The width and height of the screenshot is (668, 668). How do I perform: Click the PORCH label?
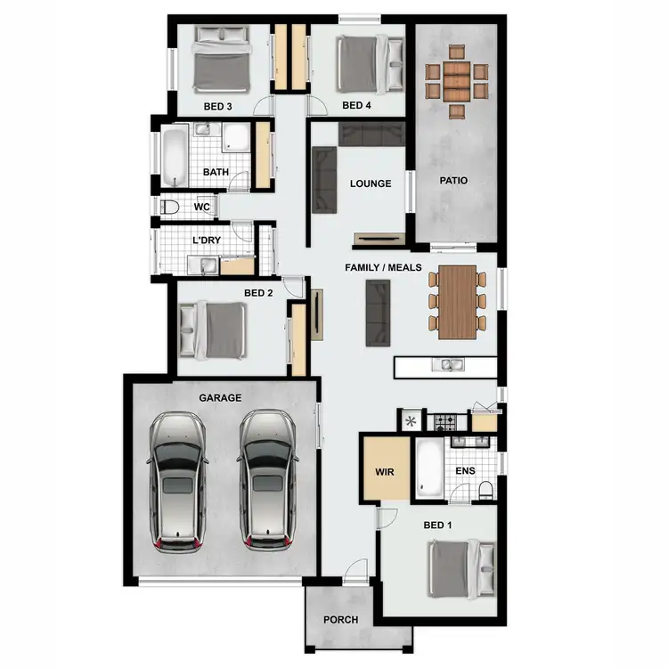coord(341,620)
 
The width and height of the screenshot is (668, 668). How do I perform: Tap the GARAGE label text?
coord(220,398)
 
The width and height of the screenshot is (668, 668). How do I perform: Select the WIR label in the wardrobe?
coord(385,471)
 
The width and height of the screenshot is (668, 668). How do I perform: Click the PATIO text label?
coord(453,181)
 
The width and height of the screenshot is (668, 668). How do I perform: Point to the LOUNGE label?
coord(371,184)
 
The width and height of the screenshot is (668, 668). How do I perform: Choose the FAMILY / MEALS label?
coord(384,267)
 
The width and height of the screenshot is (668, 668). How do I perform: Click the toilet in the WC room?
coord(170,208)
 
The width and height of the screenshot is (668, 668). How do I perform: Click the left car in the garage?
coord(178,481)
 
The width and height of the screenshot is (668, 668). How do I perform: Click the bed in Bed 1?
coord(461,569)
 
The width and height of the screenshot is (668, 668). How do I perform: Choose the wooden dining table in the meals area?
coord(459,303)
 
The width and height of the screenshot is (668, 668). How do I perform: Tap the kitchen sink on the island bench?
coord(445,364)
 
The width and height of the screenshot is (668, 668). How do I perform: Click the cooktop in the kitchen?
coord(444,420)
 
